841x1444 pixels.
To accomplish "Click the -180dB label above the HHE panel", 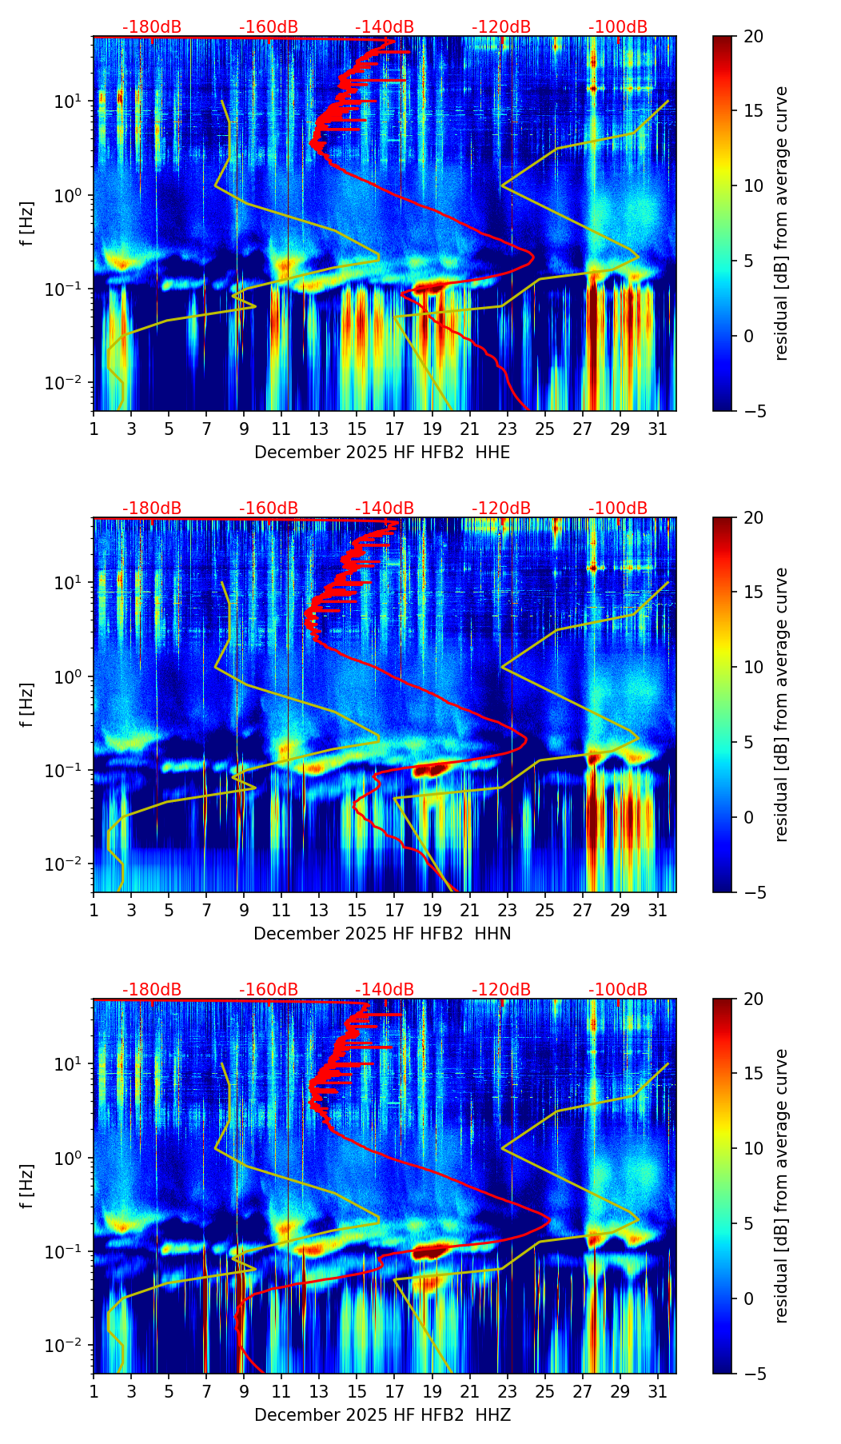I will (x=152, y=27).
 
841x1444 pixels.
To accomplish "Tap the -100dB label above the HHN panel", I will (x=618, y=509).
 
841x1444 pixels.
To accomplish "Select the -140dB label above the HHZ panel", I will (x=385, y=990).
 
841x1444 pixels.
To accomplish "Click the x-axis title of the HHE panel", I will (x=382, y=453).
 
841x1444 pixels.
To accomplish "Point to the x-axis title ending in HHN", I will (x=382, y=934).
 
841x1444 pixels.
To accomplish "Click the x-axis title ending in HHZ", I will (x=382, y=1415).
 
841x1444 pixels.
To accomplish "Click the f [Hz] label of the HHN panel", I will (x=28, y=704).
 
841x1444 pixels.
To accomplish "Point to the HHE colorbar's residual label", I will (x=781, y=223).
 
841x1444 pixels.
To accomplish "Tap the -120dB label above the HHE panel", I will (x=501, y=27).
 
